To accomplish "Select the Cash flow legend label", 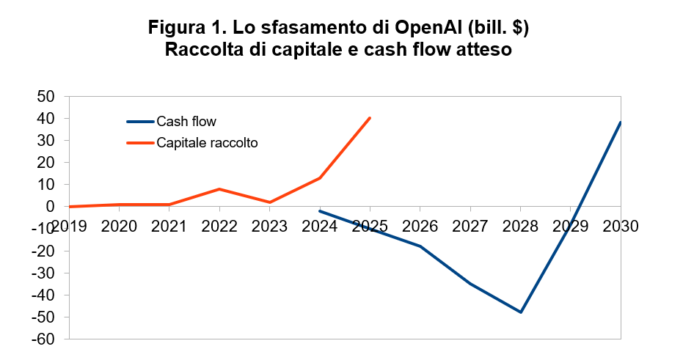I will [x=186, y=122].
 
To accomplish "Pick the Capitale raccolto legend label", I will [x=207, y=143].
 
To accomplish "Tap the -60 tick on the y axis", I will [x=44, y=339].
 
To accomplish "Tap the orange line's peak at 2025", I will [x=370, y=117].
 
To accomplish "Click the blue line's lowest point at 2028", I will [x=521, y=312].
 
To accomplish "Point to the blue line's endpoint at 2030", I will [x=621, y=122].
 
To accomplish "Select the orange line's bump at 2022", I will [x=219, y=189].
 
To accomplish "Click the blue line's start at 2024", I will [x=320, y=211].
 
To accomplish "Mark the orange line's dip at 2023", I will [x=270, y=202].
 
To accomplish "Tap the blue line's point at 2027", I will [x=470, y=284].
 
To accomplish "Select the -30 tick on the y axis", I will [x=44, y=273].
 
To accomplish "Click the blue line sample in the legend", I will [x=139, y=122].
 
